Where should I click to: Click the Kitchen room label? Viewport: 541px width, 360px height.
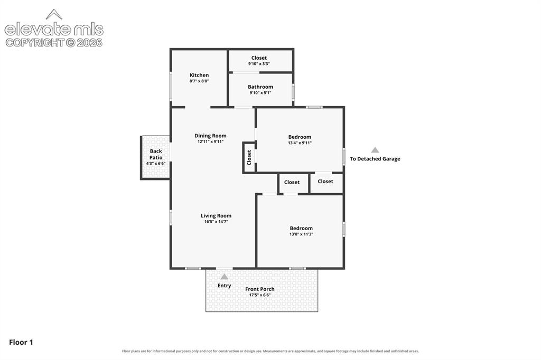point(199,75)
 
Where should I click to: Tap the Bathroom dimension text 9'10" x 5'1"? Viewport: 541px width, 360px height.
point(260,93)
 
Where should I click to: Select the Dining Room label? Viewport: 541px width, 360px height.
point(210,136)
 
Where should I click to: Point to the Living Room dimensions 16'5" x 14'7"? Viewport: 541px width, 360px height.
point(216,222)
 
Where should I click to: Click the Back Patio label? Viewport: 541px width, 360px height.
point(156,154)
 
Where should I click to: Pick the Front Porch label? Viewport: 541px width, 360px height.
point(260,289)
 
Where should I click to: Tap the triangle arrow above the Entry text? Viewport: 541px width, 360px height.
point(224,277)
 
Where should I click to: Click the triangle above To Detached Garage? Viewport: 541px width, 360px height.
point(375,150)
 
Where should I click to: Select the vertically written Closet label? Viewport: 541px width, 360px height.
point(249,157)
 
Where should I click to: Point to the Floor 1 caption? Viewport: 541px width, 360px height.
point(21,343)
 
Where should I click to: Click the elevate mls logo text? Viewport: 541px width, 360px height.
point(54,30)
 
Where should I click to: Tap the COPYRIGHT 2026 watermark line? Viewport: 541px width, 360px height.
point(54,43)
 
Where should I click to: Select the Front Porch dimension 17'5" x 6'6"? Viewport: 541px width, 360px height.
point(260,295)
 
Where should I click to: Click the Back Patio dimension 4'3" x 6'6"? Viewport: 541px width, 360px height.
point(156,164)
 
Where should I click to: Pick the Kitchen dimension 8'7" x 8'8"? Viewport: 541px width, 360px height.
point(199,81)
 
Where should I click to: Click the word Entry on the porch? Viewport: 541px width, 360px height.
point(224,286)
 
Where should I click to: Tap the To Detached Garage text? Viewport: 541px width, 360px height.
point(375,159)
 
